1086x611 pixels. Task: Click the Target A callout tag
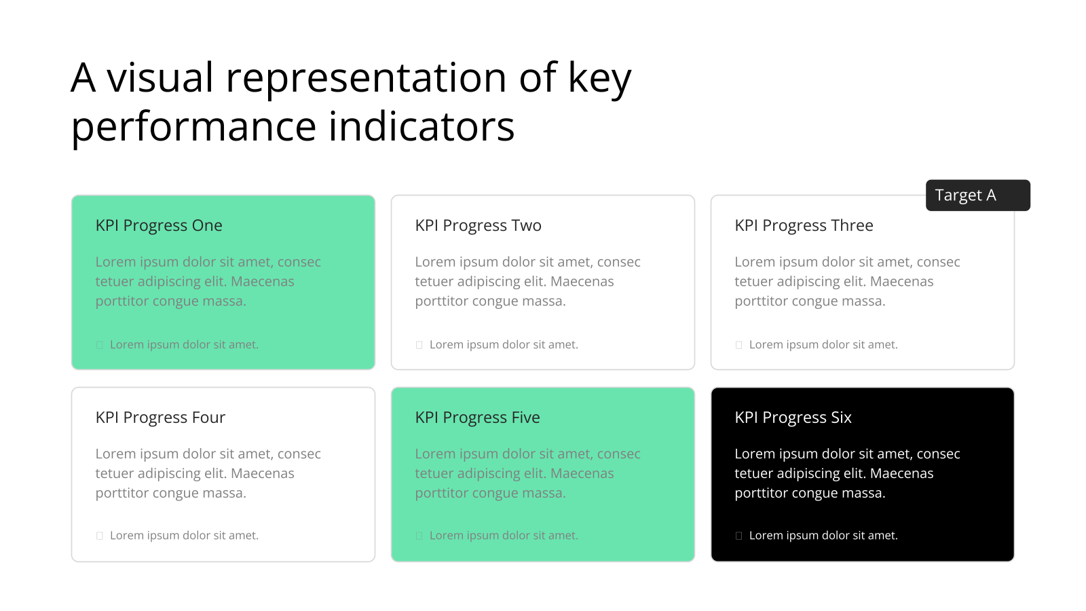(977, 196)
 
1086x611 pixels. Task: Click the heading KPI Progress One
(159, 225)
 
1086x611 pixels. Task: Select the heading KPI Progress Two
(478, 225)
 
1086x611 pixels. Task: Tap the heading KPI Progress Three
(804, 225)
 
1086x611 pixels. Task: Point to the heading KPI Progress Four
(160, 418)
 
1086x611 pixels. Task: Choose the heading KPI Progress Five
(477, 418)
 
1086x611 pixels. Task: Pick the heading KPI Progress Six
(793, 418)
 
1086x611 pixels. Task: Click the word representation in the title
(367, 78)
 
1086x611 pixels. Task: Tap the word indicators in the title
(422, 126)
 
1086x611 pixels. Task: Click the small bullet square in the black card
(738, 536)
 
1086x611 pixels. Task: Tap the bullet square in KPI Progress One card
(99, 345)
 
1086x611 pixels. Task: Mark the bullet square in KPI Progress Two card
(419, 345)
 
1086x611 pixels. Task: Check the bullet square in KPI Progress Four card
(99, 536)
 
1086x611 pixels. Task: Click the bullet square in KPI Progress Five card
(419, 536)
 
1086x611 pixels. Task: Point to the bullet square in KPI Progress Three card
(738, 345)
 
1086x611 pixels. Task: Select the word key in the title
(600, 81)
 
